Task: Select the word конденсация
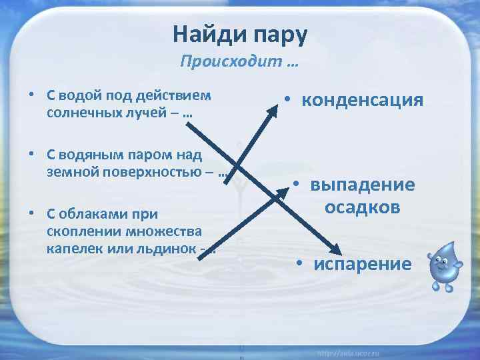point(362,100)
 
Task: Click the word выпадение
point(362,185)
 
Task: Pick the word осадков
point(362,207)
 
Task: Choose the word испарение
point(363,263)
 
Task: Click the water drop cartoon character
point(439,266)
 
